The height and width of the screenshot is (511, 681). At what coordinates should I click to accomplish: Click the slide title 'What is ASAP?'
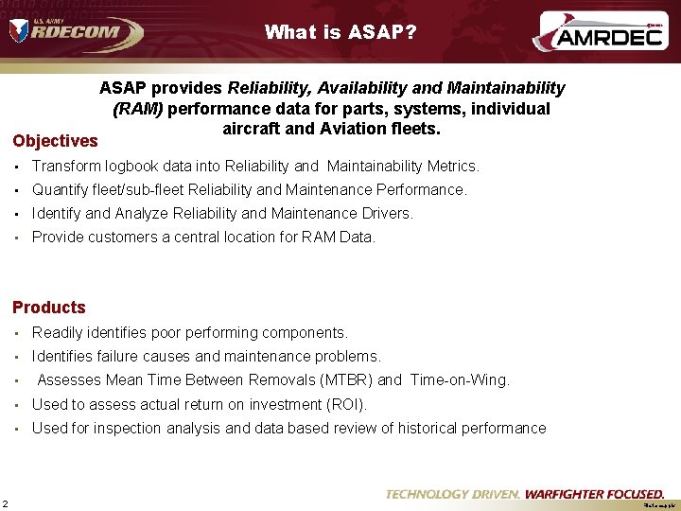340,32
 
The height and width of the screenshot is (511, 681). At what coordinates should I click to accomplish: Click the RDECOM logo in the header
76,31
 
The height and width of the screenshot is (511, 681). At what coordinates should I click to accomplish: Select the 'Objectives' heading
55,141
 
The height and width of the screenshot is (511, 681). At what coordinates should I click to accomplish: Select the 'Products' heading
49,308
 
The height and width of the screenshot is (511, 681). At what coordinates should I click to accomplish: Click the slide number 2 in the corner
6,502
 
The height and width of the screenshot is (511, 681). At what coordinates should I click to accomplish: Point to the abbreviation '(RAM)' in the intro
137,109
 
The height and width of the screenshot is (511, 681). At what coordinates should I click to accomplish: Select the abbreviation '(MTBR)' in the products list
346,380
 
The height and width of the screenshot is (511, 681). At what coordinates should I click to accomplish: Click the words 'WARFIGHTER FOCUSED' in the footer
594,494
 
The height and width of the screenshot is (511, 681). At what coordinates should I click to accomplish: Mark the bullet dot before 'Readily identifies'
18,333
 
